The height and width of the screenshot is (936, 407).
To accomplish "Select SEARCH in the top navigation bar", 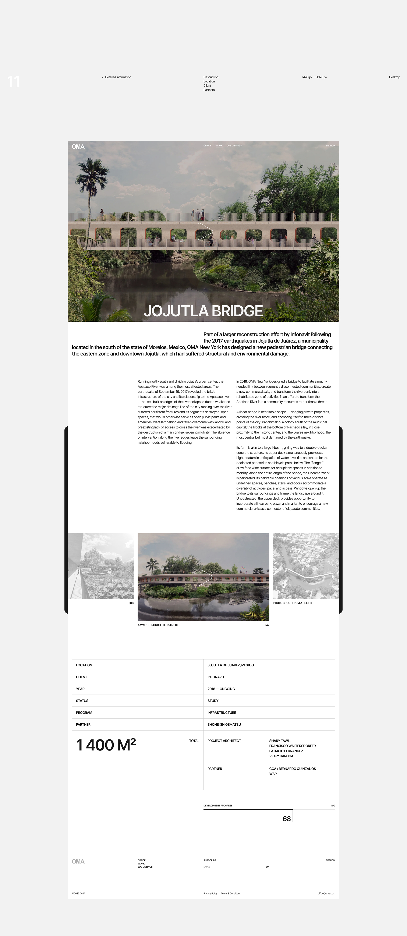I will [330, 146].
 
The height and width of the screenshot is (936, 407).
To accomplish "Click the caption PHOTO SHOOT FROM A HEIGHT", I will [293, 603].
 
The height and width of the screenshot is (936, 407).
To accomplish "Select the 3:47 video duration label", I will [266, 625].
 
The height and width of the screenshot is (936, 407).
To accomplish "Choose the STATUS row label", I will [82, 700].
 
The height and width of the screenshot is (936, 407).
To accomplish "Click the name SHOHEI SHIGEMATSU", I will [224, 725].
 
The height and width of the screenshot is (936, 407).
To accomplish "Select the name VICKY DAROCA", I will [281, 756].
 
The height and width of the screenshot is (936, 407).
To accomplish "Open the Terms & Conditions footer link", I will [231, 893].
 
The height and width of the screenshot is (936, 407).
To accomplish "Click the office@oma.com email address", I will [326, 893].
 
